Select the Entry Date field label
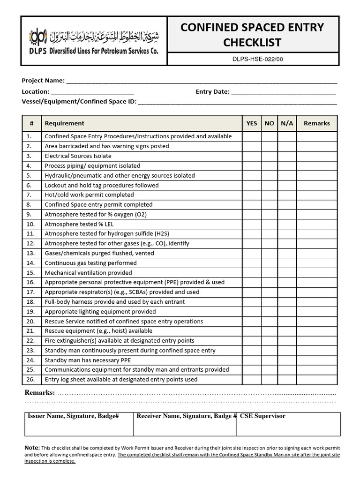212,91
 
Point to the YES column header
252,123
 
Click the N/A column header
287,123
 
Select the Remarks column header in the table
316,123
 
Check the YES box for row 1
252,136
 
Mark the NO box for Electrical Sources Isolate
269,156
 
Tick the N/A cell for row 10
287,224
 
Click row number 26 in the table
31,380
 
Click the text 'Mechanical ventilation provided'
88,273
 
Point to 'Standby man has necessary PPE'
88,360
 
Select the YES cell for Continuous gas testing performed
252,263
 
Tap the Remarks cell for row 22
316,341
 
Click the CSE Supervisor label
262,416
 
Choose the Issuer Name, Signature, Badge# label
73,416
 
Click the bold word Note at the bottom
32,448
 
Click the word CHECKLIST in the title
252,43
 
